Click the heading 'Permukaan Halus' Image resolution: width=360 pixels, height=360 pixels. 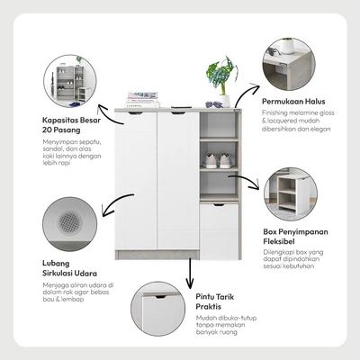pyautogui.click(x=293, y=102)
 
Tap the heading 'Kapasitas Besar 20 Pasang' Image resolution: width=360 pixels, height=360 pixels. pyautogui.click(x=71, y=125)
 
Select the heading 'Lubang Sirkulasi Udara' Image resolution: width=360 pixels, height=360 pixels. pyautogui.click(x=69, y=268)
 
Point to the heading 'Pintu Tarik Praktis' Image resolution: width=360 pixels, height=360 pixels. pyautogui.click(x=215, y=301)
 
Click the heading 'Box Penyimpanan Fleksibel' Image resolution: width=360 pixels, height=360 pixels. pyautogui.click(x=295, y=237)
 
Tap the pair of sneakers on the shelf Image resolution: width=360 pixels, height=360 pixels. pyautogui.click(x=219, y=160)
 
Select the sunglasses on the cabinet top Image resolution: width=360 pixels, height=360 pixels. pyautogui.click(x=214, y=104)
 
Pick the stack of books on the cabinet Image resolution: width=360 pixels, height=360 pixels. pyautogui.click(x=142, y=100)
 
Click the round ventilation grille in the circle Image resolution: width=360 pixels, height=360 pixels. pyautogui.click(x=69, y=222)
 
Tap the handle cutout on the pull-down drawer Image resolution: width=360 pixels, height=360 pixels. pyautogui.click(x=219, y=205)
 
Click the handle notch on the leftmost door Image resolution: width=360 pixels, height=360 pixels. pyautogui.click(x=136, y=113)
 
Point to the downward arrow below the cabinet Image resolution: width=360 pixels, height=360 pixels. pyautogui.click(x=190, y=273)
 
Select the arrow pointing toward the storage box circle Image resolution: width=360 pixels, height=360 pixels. pyautogui.click(x=245, y=181)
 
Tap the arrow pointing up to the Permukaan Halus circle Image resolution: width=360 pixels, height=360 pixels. pyautogui.click(x=245, y=92)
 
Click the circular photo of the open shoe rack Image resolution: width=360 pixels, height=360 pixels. pyautogui.click(x=70, y=81)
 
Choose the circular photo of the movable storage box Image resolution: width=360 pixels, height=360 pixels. pyautogui.click(x=291, y=194)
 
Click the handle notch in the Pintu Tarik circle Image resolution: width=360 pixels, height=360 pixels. pyautogui.click(x=161, y=297)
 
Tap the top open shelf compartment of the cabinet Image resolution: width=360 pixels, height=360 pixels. pyautogui.click(x=219, y=125)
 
